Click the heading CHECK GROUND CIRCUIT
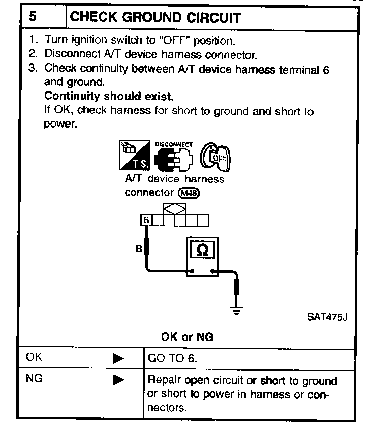click(x=155, y=17)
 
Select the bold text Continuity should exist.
click(x=108, y=97)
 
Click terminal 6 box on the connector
click(x=146, y=221)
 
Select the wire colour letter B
click(x=138, y=249)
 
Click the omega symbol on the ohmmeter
click(x=202, y=251)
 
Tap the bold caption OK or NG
click(x=187, y=337)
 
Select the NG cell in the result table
click(x=35, y=379)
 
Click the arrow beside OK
click(x=118, y=358)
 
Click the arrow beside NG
click(x=118, y=379)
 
